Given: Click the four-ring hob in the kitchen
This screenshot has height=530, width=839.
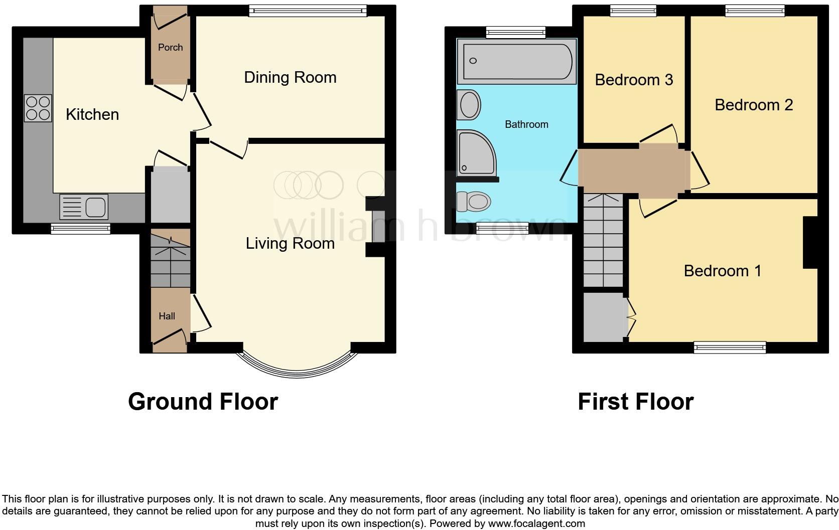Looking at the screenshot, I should pos(38,108).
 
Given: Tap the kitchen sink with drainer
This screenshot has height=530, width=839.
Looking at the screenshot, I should pos(84,207).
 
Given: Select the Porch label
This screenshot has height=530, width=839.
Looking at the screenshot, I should pos(170,48).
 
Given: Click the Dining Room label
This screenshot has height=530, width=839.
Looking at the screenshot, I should pos(290,78).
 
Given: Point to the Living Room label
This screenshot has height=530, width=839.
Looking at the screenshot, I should pos(290,244).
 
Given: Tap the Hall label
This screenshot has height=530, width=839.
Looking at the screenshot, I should pos(167,316).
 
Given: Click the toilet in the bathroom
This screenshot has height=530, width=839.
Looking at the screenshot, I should pos(473,202).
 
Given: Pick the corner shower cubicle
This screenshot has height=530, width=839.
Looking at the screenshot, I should pos(474,152).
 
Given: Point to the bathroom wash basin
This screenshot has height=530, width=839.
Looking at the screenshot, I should pos(469,105).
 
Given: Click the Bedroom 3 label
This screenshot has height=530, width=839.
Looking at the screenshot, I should pos(634,80).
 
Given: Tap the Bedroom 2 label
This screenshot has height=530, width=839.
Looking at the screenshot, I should pos(753,105).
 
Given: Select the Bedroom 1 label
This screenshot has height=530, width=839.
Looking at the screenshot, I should pos(722,271).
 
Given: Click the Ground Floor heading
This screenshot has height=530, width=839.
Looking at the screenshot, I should pos(203,402).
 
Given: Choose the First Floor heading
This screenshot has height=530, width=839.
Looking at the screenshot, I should pos(635,402).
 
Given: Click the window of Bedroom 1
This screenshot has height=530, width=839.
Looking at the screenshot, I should pos(730,347).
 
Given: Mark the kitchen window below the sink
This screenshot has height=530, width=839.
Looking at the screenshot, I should pos(80,229).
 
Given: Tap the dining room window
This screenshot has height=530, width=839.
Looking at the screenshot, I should pos(308,11).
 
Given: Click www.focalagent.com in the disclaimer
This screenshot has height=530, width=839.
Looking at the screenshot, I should pos(536,524).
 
